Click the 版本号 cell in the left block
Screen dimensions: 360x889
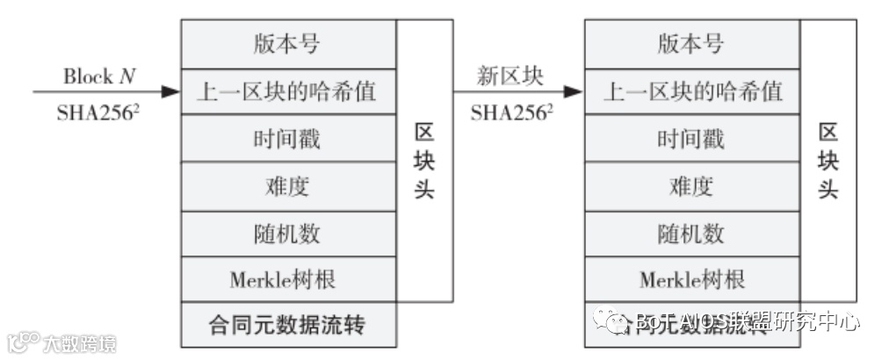click(x=288, y=43)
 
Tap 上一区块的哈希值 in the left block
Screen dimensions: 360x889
click(x=288, y=90)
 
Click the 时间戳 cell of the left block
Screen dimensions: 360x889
click(x=288, y=139)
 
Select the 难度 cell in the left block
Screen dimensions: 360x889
click(x=288, y=186)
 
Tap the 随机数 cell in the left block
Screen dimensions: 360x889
click(x=288, y=234)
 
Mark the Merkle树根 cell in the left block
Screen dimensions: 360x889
click(x=288, y=280)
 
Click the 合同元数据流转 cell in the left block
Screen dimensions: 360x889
click(x=288, y=326)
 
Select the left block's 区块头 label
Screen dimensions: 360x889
click(x=424, y=161)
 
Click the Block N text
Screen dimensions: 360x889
click(x=100, y=76)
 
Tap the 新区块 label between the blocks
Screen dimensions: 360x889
click(x=510, y=76)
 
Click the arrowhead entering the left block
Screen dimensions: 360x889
click(x=172, y=90)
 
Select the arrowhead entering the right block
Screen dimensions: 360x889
click(x=575, y=90)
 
